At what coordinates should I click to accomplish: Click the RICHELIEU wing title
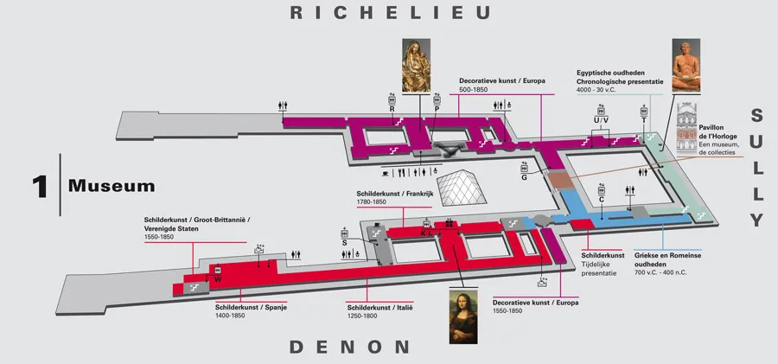(391, 13)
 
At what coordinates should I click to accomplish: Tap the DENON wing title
(349, 348)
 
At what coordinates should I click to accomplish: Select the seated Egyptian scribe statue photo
(686, 65)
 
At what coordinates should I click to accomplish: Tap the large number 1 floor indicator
(39, 185)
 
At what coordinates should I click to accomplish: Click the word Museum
(112, 185)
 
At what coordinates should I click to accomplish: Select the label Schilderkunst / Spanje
(251, 307)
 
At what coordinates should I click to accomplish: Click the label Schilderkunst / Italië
(380, 307)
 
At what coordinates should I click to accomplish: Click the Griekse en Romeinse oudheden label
(668, 256)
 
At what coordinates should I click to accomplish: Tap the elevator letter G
(524, 178)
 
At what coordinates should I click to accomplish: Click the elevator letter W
(218, 278)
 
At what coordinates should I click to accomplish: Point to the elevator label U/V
(596, 119)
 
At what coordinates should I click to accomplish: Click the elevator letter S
(344, 244)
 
